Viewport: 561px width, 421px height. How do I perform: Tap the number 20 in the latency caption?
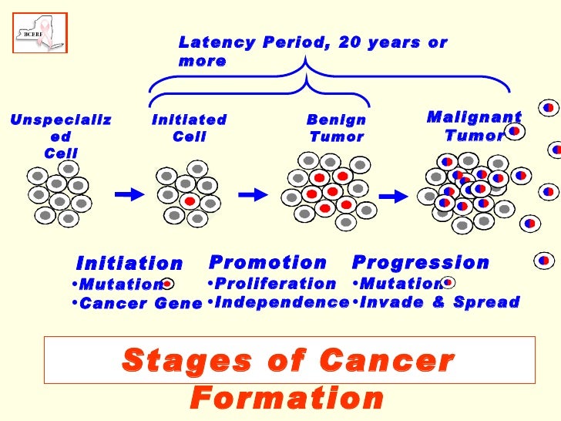click(343, 43)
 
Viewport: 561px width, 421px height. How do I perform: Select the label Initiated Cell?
click(190, 128)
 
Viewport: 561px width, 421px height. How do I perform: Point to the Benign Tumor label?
click(336, 129)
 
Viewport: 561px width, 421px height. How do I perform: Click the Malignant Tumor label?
click(474, 126)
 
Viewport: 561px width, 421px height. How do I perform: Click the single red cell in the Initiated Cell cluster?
click(190, 200)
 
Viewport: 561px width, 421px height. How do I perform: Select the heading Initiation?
click(129, 264)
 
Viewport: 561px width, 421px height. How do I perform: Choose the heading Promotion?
click(267, 262)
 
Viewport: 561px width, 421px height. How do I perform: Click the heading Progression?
click(420, 262)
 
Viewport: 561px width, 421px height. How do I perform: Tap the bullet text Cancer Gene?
click(141, 303)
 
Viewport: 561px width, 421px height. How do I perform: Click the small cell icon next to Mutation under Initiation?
click(167, 284)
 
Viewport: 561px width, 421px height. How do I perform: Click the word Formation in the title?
click(287, 399)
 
